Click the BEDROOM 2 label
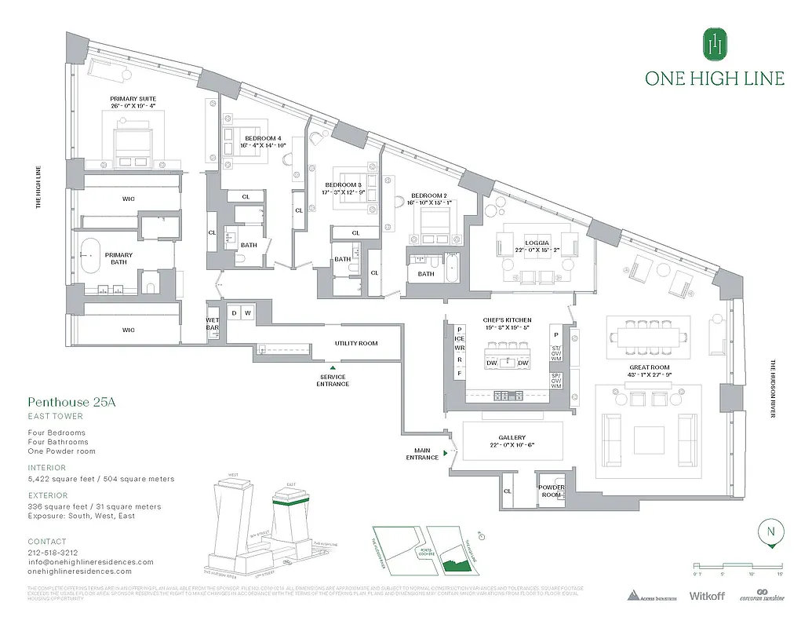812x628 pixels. (428, 199)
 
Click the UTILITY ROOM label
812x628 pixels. (356, 344)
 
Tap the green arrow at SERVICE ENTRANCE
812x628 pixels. (333, 367)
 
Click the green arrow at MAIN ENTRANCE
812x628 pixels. (445, 453)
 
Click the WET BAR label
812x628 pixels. (213, 323)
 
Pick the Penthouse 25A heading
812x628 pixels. (71, 402)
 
